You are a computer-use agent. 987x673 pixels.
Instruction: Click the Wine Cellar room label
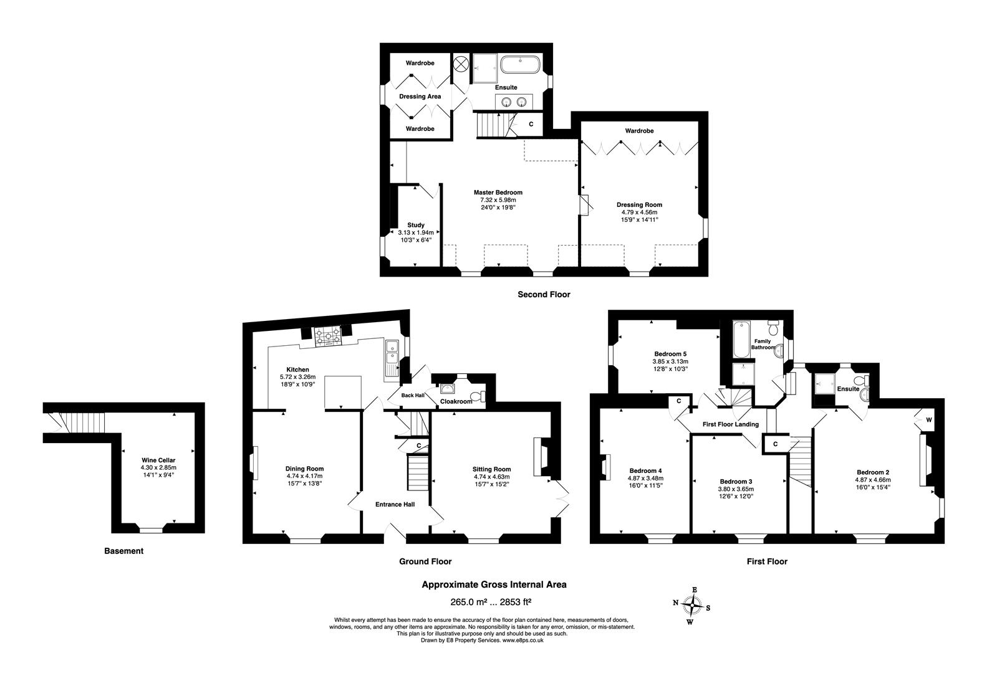tap(158, 460)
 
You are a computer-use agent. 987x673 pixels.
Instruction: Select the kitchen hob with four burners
tap(328, 336)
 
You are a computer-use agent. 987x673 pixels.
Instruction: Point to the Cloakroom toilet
tap(478, 396)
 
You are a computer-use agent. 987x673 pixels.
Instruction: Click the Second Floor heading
tap(544, 294)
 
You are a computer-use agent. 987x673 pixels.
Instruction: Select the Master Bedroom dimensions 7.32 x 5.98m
tap(498, 200)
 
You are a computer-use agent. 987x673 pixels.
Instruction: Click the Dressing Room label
tap(639, 204)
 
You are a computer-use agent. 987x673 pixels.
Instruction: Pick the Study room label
tap(416, 225)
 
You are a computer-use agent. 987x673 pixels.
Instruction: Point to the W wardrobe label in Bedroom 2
tap(928, 420)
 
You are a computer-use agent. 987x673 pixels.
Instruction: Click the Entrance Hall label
tap(395, 504)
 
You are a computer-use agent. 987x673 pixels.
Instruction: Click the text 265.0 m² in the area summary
tap(469, 601)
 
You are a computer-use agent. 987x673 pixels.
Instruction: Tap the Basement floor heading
tap(123, 551)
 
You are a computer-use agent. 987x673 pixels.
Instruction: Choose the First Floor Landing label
tap(730, 424)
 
